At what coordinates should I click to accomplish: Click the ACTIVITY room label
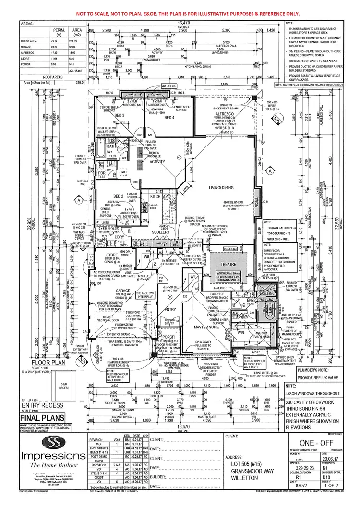[x=157, y=162]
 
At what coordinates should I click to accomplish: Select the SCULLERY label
[x=160, y=232]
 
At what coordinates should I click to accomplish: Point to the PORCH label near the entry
[x=168, y=337]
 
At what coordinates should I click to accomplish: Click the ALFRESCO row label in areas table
[x=28, y=58]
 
